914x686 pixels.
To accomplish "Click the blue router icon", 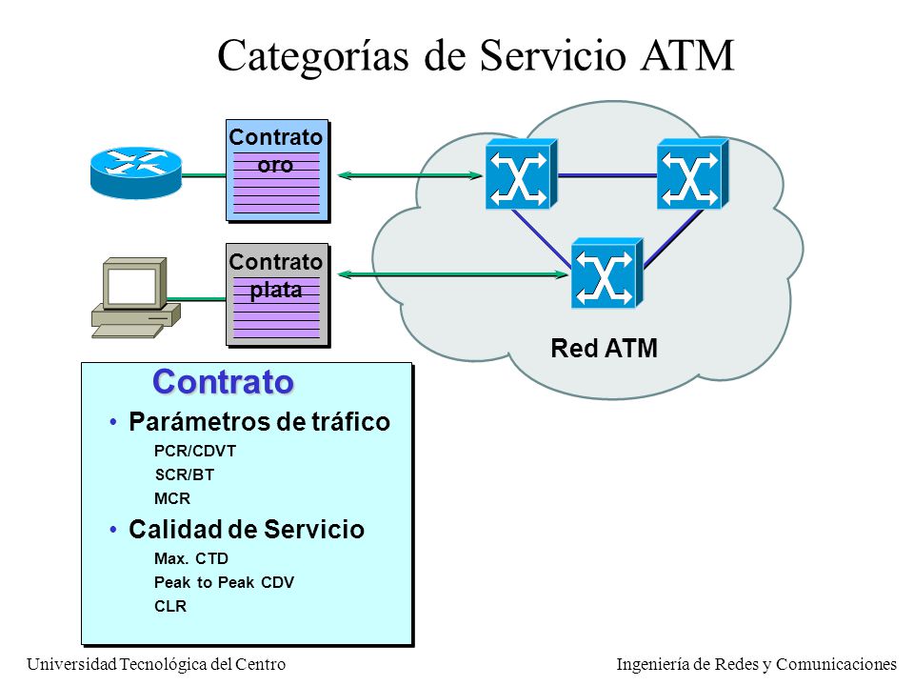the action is click(x=136, y=172).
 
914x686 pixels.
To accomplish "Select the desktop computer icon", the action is click(x=136, y=297).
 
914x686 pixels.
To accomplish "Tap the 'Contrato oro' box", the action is click(x=278, y=171).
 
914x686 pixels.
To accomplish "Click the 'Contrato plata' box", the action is click(x=278, y=295).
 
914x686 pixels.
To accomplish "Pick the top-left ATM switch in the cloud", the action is click(x=521, y=173).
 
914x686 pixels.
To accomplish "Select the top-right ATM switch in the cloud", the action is click(x=692, y=173).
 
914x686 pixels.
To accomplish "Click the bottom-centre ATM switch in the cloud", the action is click(x=606, y=273).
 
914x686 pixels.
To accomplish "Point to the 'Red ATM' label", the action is click(x=604, y=349).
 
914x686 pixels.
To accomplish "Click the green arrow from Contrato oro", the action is click(x=410, y=175).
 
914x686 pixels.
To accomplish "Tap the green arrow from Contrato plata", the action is click(x=453, y=274).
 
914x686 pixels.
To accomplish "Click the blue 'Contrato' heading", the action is click(x=223, y=382).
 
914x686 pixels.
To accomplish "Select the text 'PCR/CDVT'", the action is click(x=194, y=451).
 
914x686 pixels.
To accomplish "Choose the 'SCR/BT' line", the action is click(x=184, y=474).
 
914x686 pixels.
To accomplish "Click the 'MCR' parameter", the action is click(x=172, y=498).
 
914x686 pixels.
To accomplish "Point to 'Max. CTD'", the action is click(x=191, y=559).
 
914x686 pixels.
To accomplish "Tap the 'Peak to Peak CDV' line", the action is click(x=224, y=583).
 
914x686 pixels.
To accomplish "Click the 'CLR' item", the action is click(x=170, y=607).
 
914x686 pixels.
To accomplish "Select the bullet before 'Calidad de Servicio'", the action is click(x=113, y=529).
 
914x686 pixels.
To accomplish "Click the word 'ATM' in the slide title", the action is click(x=687, y=56).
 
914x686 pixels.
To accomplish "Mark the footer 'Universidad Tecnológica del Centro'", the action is click(x=156, y=664).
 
